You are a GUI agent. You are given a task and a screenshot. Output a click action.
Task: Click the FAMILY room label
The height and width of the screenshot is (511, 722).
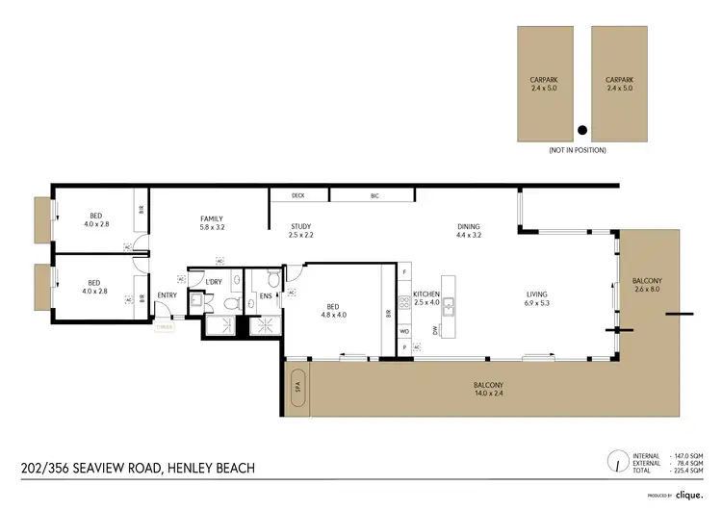click(x=211, y=217)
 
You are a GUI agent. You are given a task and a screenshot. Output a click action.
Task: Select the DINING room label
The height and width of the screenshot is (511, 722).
click(x=468, y=227)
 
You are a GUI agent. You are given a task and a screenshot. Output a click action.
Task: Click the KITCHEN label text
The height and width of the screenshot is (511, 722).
click(x=425, y=294)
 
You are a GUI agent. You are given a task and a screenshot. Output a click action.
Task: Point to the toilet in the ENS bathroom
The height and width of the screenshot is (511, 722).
click(x=273, y=281)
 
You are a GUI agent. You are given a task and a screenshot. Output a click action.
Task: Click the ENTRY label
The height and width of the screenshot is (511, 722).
click(x=167, y=295)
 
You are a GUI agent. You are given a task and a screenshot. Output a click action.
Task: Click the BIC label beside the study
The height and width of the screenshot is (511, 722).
click(x=374, y=195)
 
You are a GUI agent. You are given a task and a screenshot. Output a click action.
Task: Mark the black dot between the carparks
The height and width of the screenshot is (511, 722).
click(x=582, y=129)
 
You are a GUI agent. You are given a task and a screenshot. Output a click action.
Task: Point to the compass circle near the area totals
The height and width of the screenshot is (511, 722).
click(x=614, y=463)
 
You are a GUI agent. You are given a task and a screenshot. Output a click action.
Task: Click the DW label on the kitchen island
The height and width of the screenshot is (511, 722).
click(x=435, y=330)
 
